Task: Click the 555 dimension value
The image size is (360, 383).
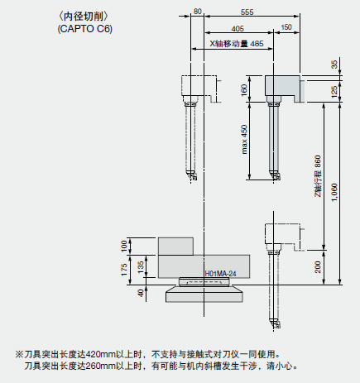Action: pyautogui.click(x=247, y=12)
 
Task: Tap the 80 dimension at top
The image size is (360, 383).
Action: pyautogui.click(x=198, y=12)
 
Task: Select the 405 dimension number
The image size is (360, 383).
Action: pyautogui.click(x=238, y=29)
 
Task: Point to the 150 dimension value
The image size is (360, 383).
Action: pyautogui.click(x=286, y=27)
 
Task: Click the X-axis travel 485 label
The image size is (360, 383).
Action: pyautogui.click(x=237, y=44)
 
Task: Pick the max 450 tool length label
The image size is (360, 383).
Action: pyautogui.click(x=244, y=140)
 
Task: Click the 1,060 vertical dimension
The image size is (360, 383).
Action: pyautogui.click(x=334, y=193)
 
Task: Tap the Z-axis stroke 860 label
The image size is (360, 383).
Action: pyautogui.click(x=318, y=176)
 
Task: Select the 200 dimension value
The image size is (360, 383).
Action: pyautogui.click(x=318, y=267)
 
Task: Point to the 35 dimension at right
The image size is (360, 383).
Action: pyautogui.click(x=334, y=65)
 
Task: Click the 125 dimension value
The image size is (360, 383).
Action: pyautogui.click(x=334, y=92)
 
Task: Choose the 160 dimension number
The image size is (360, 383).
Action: pyautogui.click(x=244, y=90)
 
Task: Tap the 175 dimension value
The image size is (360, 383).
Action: pyautogui.click(x=124, y=270)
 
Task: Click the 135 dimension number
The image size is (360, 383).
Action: pyautogui.click(x=141, y=267)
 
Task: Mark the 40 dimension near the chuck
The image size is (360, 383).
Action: pyautogui.click(x=141, y=293)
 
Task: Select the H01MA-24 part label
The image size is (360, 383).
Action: pyautogui.click(x=220, y=274)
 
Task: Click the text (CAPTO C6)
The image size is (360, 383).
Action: pyautogui.click(x=85, y=29)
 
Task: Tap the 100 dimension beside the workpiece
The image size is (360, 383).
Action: pyautogui.click(x=124, y=246)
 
